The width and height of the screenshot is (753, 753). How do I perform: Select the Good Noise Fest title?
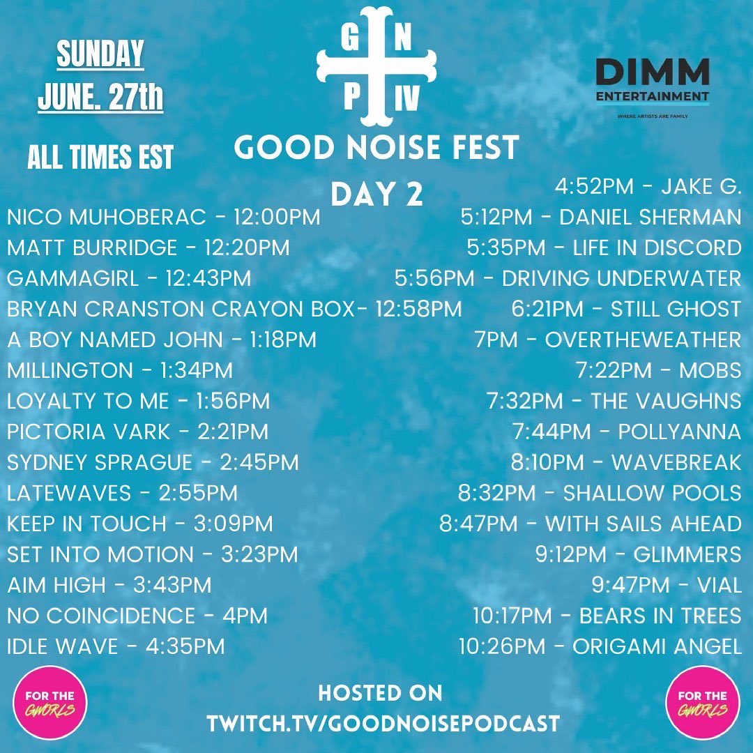click(376, 147)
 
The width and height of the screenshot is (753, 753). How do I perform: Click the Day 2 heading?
click(376, 195)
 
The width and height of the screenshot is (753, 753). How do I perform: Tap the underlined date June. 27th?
click(100, 98)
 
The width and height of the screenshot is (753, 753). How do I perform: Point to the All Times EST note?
click(100, 158)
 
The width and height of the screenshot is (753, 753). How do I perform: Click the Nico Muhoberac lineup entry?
click(163, 218)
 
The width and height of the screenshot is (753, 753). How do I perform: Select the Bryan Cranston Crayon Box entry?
click(234, 309)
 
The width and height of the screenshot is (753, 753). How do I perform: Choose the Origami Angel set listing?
click(600, 646)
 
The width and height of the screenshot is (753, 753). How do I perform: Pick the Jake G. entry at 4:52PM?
click(648, 186)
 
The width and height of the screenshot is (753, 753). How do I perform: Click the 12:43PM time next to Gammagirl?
click(208, 279)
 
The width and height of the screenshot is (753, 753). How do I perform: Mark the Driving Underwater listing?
click(568, 279)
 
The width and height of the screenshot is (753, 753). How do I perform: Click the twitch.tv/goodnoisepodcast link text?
click(383, 723)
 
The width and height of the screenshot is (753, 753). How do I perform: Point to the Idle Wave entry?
click(116, 646)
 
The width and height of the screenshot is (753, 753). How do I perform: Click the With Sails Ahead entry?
click(590, 524)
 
